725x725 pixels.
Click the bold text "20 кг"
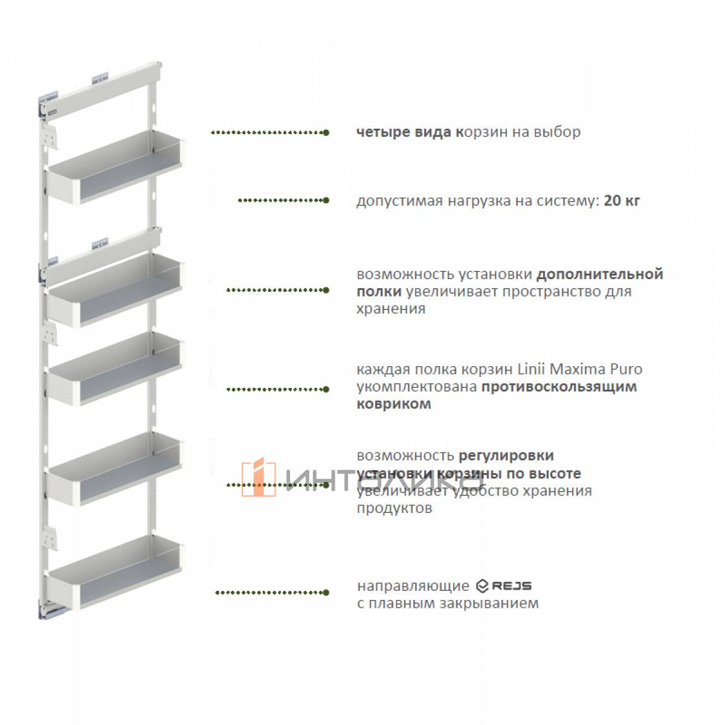pyautogui.click(x=622, y=201)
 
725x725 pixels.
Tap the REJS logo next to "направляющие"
pyautogui.click(x=503, y=586)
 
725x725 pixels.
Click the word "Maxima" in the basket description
pyautogui.click(x=577, y=369)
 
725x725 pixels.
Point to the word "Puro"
pyautogui.click(x=626, y=369)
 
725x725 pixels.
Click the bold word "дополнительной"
pyautogui.click(x=600, y=274)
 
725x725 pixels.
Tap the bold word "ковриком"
pyautogui.click(x=393, y=404)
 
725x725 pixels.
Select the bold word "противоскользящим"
pyautogui.click(x=559, y=387)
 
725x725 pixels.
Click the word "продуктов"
pyautogui.click(x=395, y=508)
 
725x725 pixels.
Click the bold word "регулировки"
pyautogui.click(x=506, y=456)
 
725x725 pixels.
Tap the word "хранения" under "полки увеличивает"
pyautogui.click(x=391, y=309)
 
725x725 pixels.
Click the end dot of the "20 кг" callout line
pyautogui.click(x=326, y=201)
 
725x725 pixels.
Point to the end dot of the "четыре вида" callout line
pyautogui.click(x=326, y=132)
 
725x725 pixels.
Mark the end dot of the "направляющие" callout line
pyautogui.click(x=326, y=593)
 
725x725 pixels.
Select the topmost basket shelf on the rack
pyautogui.click(x=115, y=167)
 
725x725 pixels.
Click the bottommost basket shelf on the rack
pyautogui.click(x=115, y=572)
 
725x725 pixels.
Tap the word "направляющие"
pyautogui.click(x=413, y=587)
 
